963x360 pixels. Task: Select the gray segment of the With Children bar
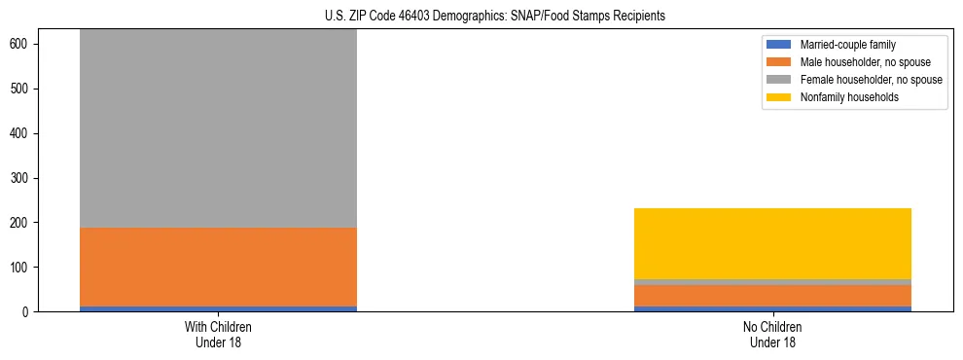point(218,126)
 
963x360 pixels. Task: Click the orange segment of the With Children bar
point(218,267)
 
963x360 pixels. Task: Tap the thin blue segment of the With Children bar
point(218,308)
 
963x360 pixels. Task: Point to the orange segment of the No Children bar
point(772,295)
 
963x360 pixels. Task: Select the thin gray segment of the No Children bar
point(772,282)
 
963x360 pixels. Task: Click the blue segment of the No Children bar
point(772,308)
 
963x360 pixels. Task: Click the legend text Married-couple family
point(847,45)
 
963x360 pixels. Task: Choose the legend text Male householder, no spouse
point(865,62)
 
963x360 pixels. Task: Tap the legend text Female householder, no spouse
point(871,80)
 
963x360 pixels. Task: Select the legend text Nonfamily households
point(849,97)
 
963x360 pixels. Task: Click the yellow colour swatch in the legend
point(780,97)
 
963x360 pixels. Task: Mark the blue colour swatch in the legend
point(780,45)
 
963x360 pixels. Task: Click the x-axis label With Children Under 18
point(218,334)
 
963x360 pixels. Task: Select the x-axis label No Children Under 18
point(772,334)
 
